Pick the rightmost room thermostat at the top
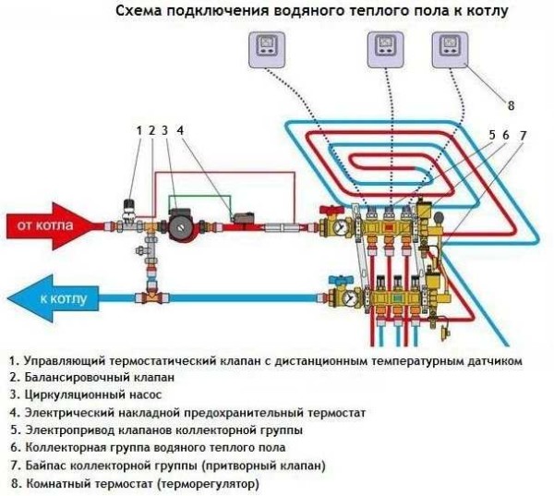pyautogui.click(x=451, y=47)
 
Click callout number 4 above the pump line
pyautogui.click(x=180, y=130)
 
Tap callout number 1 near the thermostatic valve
pyautogui.click(x=138, y=130)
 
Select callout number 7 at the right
pyautogui.click(x=524, y=136)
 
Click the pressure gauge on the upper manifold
pyautogui.click(x=341, y=225)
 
